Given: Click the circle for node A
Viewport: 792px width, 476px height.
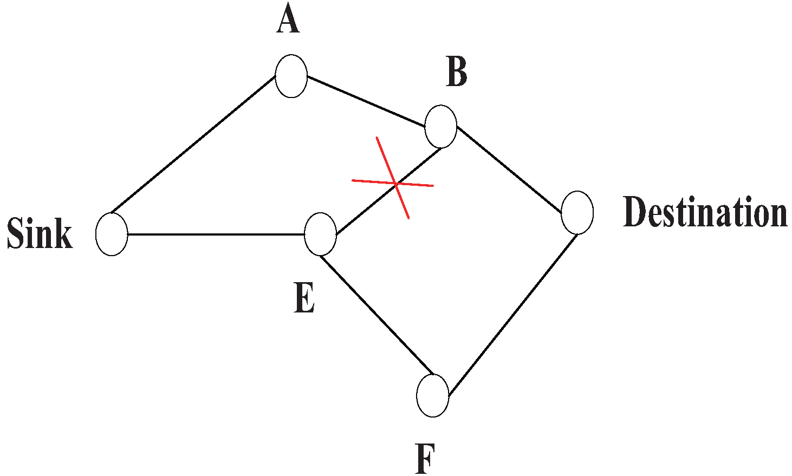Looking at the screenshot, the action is [x=291, y=76].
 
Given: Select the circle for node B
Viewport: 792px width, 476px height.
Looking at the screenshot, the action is [x=441, y=126].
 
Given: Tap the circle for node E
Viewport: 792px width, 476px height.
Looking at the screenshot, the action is [x=321, y=234].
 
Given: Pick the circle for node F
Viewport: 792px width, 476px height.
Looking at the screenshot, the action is [x=433, y=395].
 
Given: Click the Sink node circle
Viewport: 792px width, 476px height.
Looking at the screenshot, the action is [x=112, y=234].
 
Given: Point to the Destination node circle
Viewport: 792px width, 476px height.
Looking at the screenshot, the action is [x=577, y=212].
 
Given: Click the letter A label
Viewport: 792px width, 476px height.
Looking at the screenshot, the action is [x=288, y=22].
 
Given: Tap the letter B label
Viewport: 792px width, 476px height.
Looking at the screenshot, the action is [x=457, y=73].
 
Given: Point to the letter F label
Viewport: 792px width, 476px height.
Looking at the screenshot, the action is [x=426, y=459].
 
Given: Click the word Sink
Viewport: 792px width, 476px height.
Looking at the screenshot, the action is [x=40, y=234].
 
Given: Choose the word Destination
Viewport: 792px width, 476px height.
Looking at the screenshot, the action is [x=705, y=212].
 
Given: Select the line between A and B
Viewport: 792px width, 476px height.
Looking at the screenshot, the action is [x=366, y=101].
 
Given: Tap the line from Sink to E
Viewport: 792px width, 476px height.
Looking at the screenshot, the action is [x=217, y=234].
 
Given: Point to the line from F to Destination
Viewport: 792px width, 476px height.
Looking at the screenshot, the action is [x=512, y=314].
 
